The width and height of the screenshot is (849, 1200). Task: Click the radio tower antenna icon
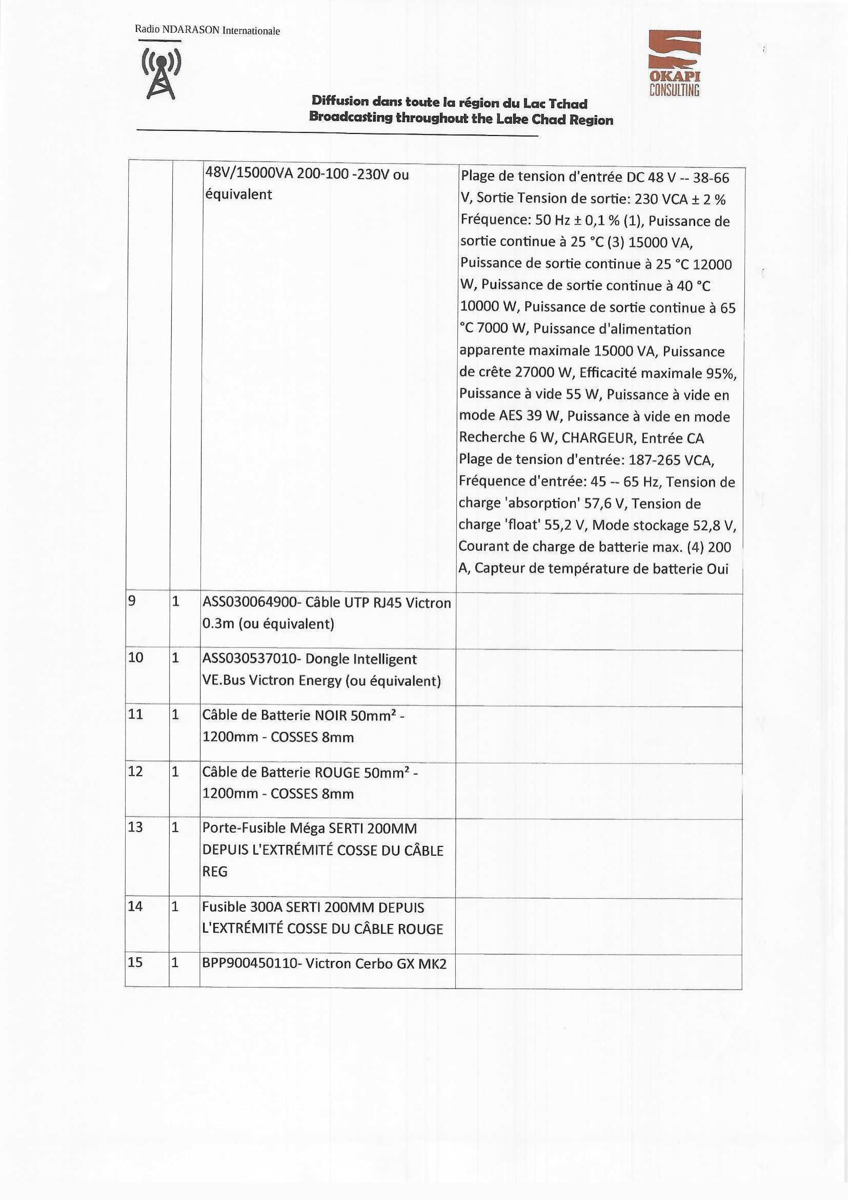click(x=161, y=73)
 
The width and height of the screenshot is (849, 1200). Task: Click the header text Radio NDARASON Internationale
click(x=207, y=30)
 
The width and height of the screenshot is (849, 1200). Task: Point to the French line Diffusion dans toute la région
click(x=449, y=102)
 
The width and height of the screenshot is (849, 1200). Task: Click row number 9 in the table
click(x=132, y=602)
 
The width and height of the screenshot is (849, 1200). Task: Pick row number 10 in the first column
click(x=135, y=658)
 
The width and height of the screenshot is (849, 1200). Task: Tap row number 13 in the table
click(x=135, y=827)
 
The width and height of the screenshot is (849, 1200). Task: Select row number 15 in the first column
click(x=135, y=962)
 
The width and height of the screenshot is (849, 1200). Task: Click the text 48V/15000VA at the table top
click(x=248, y=174)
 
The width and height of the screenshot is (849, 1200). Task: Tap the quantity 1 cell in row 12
click(x=176, y=771)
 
